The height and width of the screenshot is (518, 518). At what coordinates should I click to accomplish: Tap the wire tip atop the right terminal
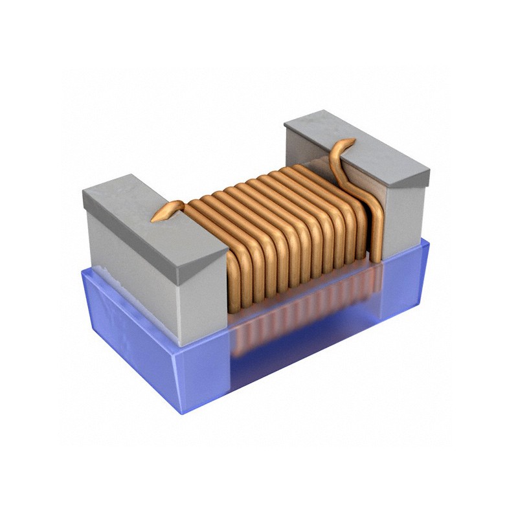coord(350,141)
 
